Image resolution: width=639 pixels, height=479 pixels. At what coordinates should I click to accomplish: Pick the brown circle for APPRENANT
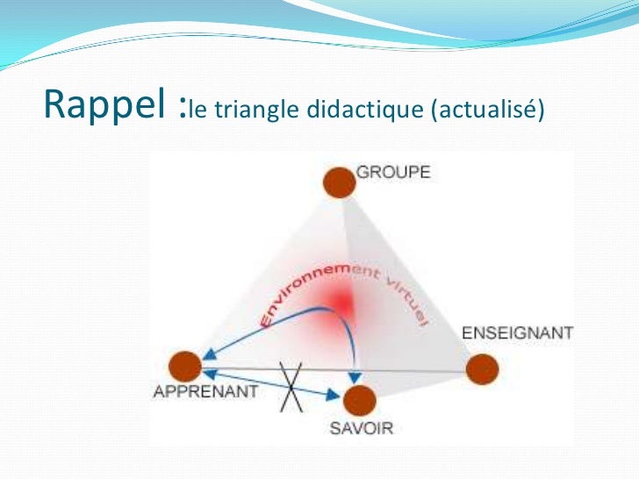[x=184, y=366]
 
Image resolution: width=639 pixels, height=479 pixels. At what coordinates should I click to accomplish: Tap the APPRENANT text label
[x=205, y=391]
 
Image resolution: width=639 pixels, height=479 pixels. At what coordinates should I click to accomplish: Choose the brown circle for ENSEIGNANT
[x=481, y=368]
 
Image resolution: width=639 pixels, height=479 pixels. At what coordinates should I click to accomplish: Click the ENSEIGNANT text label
[x=517, y=334]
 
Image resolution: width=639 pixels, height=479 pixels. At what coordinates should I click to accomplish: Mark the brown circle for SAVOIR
[x=359, y=401]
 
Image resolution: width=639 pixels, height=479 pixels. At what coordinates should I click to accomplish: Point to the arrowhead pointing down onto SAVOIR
[x=355, y=376]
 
